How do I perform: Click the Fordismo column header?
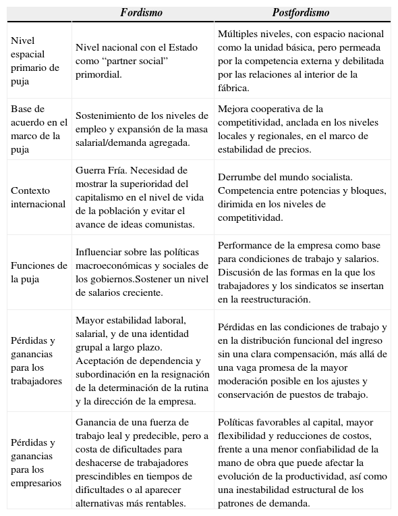pyautogui.click(x=142, y=13)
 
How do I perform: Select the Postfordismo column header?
pyautogui.click(x=301, y=13)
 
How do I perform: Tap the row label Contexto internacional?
pyautogui.click(x=38, y=197)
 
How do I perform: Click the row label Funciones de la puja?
pyautogui.click(x=38, y=272)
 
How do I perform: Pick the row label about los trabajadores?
pyautogui.click(x=36, y=360)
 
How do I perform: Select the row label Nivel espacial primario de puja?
pyautogui.click(x=35, y=61)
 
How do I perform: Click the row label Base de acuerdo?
pyautogui.click(x=38, y=129)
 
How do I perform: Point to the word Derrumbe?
pyautogui.click(x=239, y=177)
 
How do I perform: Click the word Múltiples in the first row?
pyautogui.click(x=238, y=34)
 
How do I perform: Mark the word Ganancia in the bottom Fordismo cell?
pyautogui.click(x=96, y=423)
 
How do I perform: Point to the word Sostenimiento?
pyautogui.click(x=106, y=115)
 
